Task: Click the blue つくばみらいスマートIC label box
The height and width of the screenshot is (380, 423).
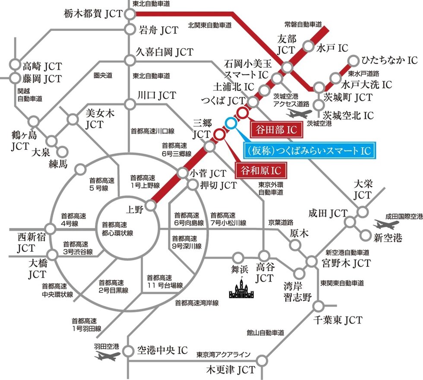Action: point(309,150)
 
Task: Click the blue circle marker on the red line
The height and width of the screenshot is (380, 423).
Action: point(231,123)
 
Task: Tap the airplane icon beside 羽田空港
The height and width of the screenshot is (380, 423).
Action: point(107,356)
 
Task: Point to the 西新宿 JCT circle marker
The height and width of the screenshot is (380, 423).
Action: point(51,228)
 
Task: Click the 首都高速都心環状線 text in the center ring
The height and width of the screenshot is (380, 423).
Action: point(117,229)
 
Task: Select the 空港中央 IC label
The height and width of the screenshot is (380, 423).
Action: point(162,350)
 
